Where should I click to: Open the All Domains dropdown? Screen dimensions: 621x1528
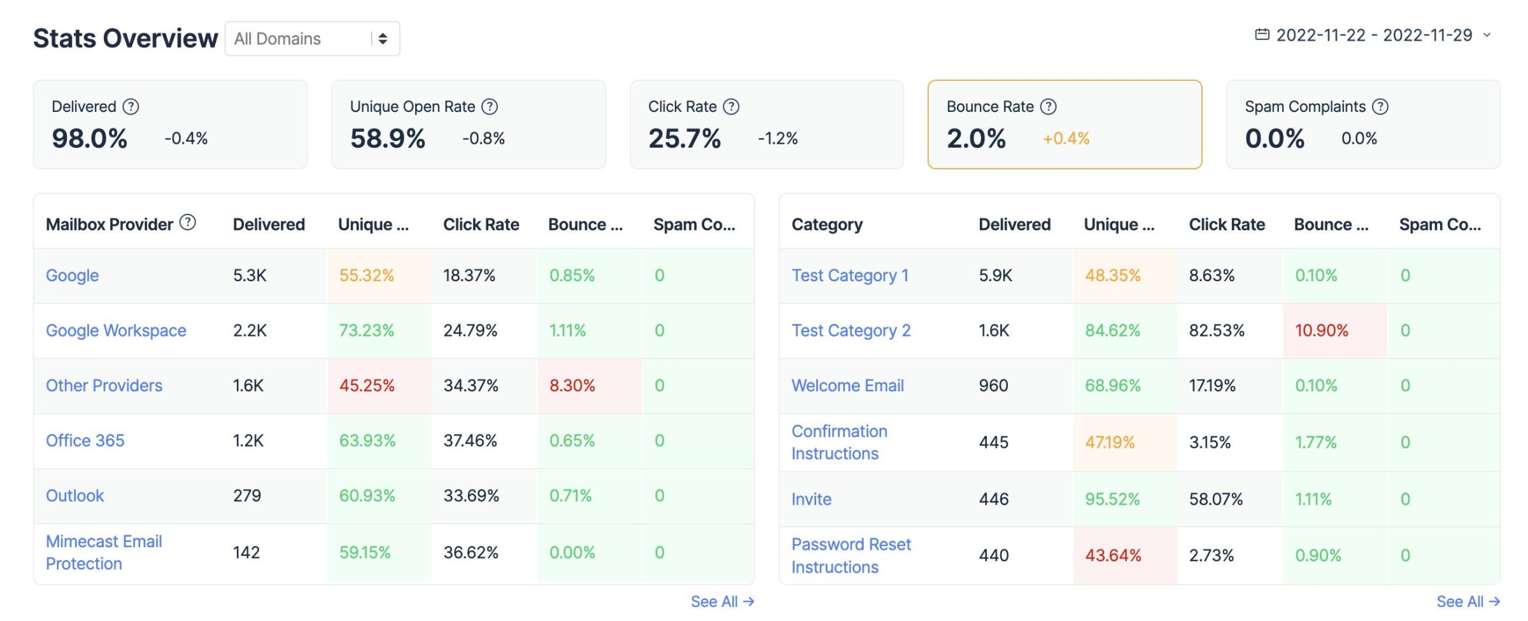click(312, 39)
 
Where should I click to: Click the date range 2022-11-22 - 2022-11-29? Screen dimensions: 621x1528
click(1373, 35)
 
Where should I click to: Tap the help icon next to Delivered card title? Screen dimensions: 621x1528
click(131, 107)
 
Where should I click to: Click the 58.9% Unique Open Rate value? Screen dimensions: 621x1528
click(387, 139)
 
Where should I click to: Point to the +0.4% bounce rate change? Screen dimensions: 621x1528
click(1066, 139)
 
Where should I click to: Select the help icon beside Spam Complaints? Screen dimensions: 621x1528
click(1380, 107)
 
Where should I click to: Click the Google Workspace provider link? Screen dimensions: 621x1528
click(116, 331)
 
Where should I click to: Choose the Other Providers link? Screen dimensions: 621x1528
click(104, 386)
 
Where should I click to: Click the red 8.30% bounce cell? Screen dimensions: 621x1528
click(572, 386)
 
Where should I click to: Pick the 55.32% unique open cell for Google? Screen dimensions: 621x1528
click(366, 276)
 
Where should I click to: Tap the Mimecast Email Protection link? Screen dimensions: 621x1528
click(104, 552)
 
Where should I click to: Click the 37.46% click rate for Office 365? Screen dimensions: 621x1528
click(470, 441)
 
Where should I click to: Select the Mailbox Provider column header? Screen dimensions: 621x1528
click(109, 225)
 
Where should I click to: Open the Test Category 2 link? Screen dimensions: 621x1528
click(851, 331)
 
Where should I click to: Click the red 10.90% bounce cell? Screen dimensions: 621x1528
click(1321, 331)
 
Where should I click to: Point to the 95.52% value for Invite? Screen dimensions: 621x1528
click(1112, 499)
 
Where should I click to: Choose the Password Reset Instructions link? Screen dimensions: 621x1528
click(851, 555)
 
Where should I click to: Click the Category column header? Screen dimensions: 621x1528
click(826, 225)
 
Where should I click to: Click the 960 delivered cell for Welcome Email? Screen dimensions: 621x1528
click(993, 386)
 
